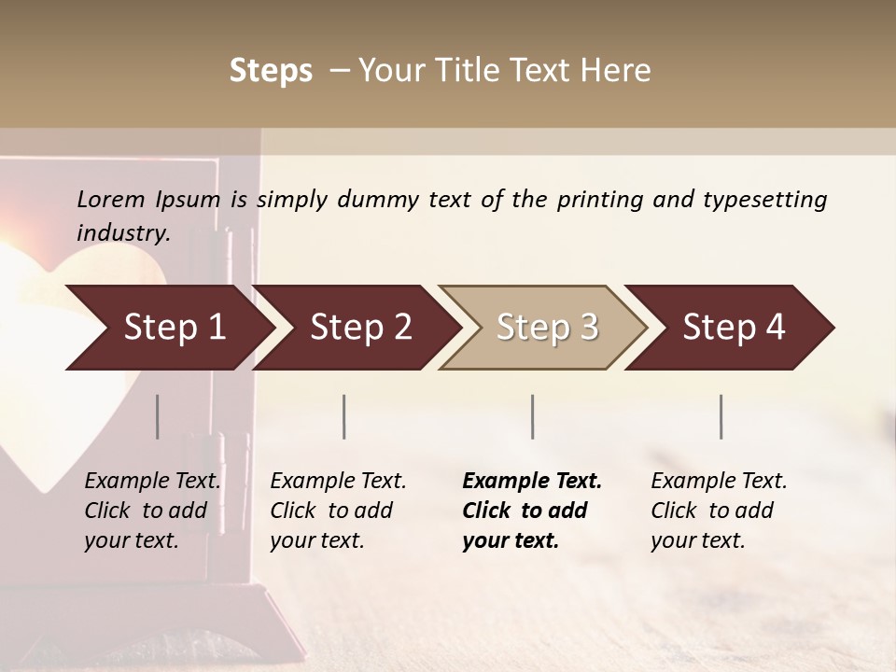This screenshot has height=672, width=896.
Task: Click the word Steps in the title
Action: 271,71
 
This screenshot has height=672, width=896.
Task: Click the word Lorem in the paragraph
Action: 110,200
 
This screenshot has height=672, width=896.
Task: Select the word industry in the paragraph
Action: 121,233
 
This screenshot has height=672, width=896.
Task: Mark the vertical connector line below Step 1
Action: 158,416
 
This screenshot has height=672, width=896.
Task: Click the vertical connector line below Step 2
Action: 344,416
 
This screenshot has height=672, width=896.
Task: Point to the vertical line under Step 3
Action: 533,416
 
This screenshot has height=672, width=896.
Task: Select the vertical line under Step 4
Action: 721,416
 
